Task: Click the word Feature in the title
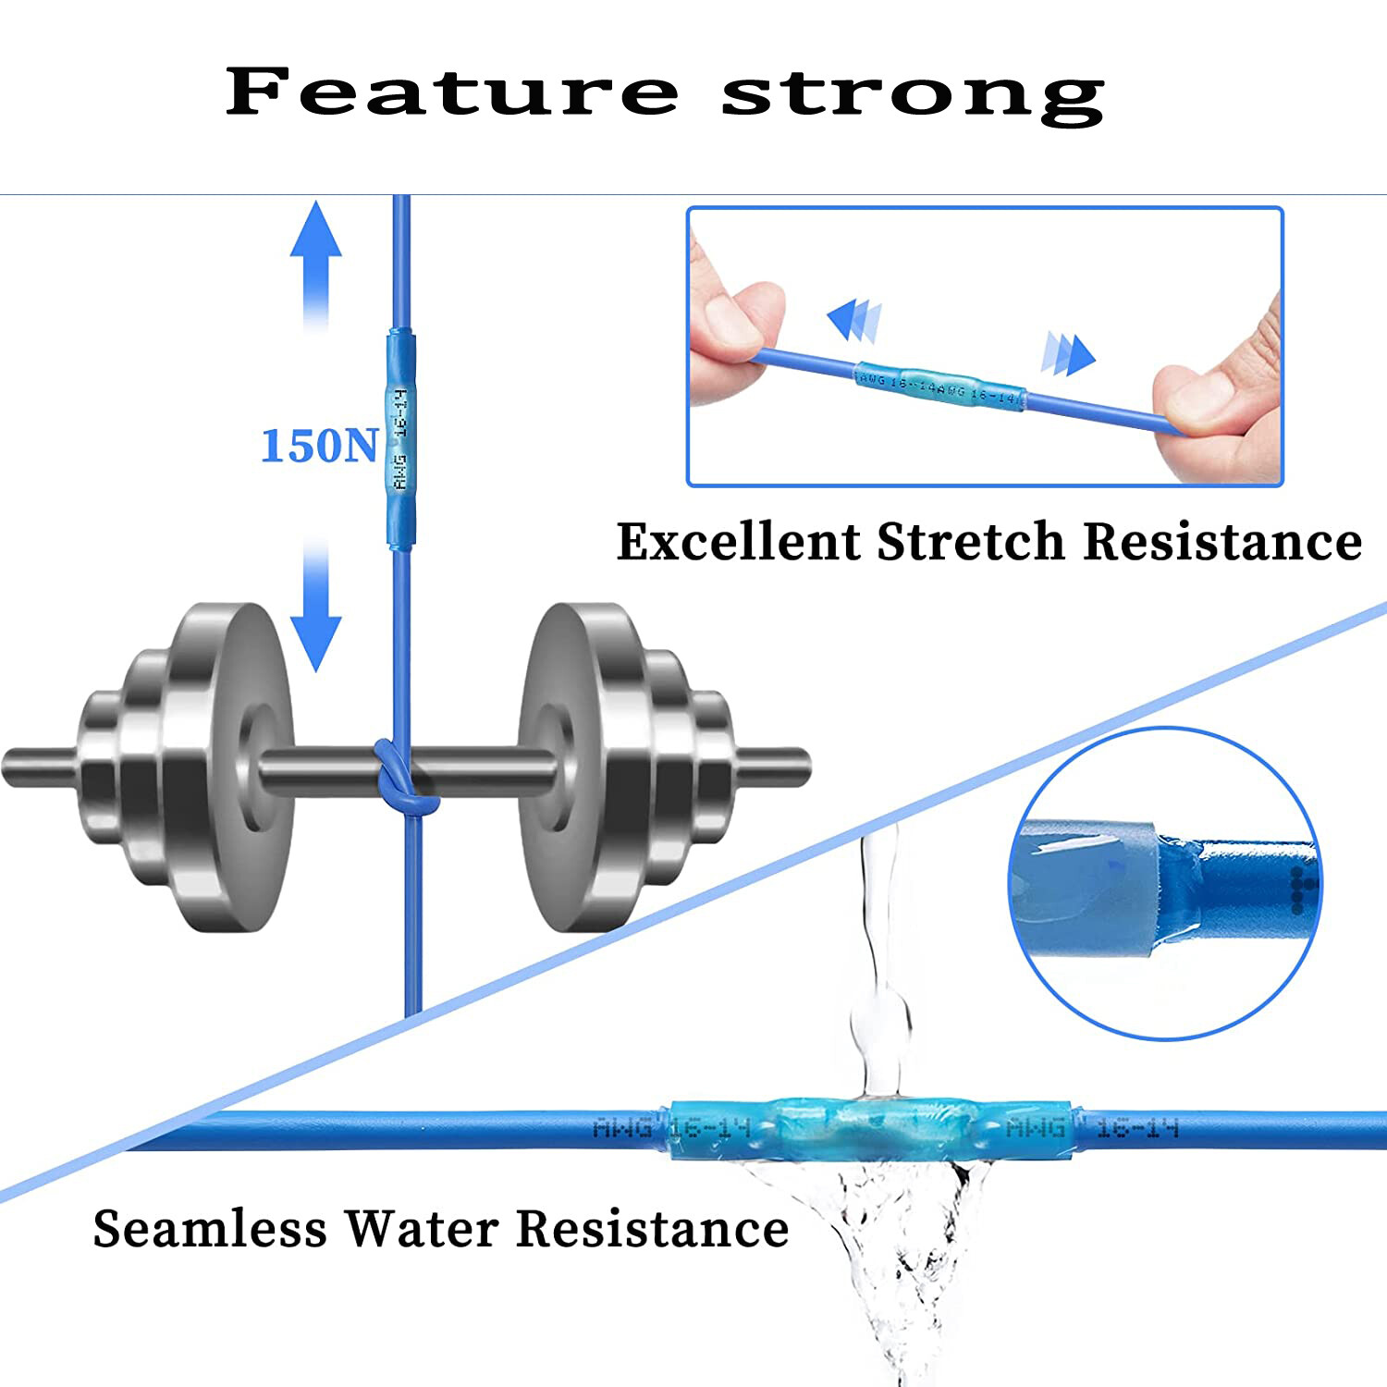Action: pyautogui.click(x=451, y=92)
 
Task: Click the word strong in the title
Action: pyautogui.click(x=913, y=94)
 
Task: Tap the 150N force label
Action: pyautogui.click(x=319, y=446)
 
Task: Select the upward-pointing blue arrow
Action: pyautogui.click(x=316, y=264)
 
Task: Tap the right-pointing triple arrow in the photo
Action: pyautogui.click(x=1068, y=353)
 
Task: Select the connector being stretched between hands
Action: pyautogui.click(x=939, y=387)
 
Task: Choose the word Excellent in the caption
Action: pyautogui.click(x=738, y=541)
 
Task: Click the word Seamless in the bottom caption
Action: pyautogui.click(x=210, y=1229)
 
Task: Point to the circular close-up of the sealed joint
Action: pyautogui.click(x=1165, y=883)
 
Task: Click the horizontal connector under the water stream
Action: pyautogui.click(x=869, y=1128)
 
